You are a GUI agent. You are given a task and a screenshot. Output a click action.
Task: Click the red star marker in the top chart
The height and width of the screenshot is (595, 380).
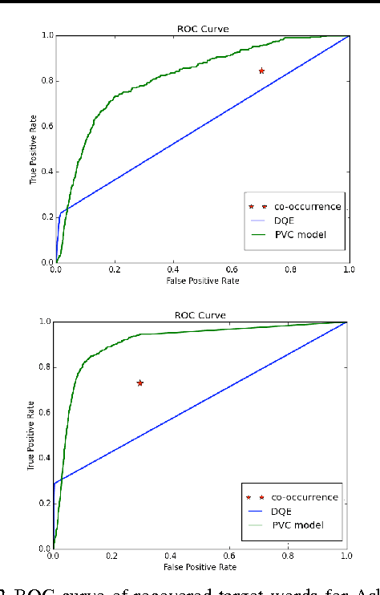[x=261, y=71]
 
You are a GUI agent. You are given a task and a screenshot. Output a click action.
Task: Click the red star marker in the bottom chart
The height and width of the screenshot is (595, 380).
[x=140, y=383]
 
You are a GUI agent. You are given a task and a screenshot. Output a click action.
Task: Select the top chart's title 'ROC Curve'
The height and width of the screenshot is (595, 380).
[x=203, y=28]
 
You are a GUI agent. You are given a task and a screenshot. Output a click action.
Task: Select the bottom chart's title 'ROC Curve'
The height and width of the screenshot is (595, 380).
[x=200, y=314]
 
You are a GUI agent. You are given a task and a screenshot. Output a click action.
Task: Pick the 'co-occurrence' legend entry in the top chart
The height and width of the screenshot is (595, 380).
[x=305, y=206]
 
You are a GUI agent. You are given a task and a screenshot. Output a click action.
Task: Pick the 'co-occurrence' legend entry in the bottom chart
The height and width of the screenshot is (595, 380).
[x=304, y=497]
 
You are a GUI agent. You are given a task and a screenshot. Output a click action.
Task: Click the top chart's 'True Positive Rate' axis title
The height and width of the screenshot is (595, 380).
[x=34, y=149]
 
